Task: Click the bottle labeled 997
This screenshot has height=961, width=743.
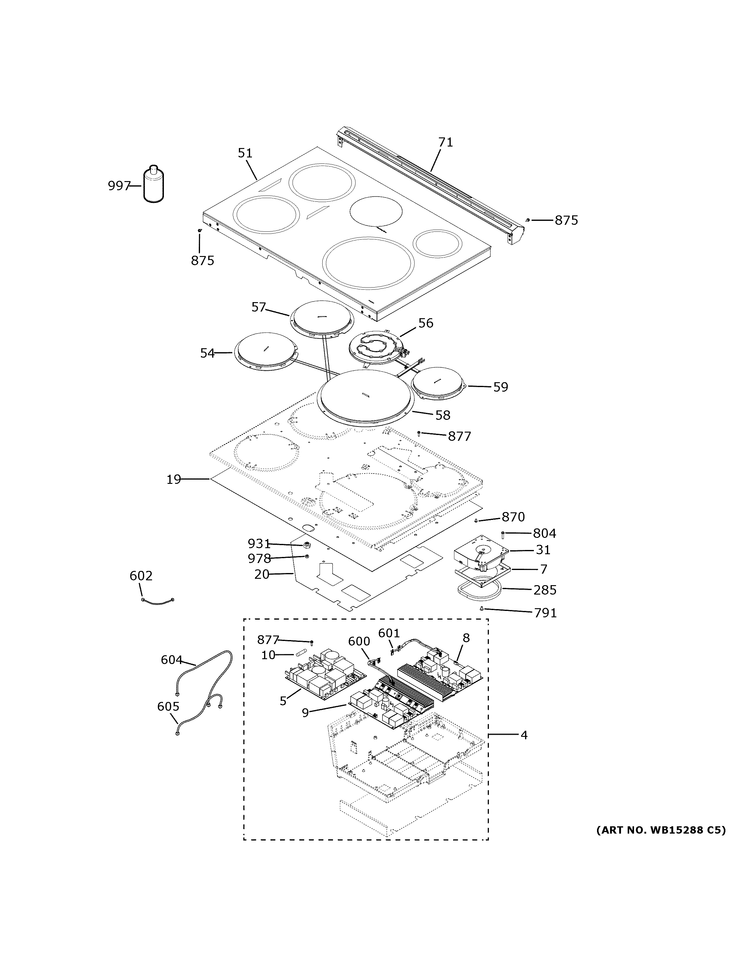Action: click(x=154, y=186)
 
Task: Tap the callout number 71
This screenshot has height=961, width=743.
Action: click(x=446, y=142)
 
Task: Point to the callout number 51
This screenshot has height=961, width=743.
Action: click(x=245, y=153)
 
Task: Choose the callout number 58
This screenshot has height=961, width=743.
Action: click(x=443, y=415)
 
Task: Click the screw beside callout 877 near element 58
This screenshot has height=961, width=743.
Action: click(x=419, y=433)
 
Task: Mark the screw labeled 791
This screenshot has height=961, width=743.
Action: click(x=482, y=609)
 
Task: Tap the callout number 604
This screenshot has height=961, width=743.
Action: click(x=171, y=659)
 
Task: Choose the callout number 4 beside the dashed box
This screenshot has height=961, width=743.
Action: click(x=524, y=735)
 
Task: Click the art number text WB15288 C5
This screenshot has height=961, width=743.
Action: click(x=660, y=830)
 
